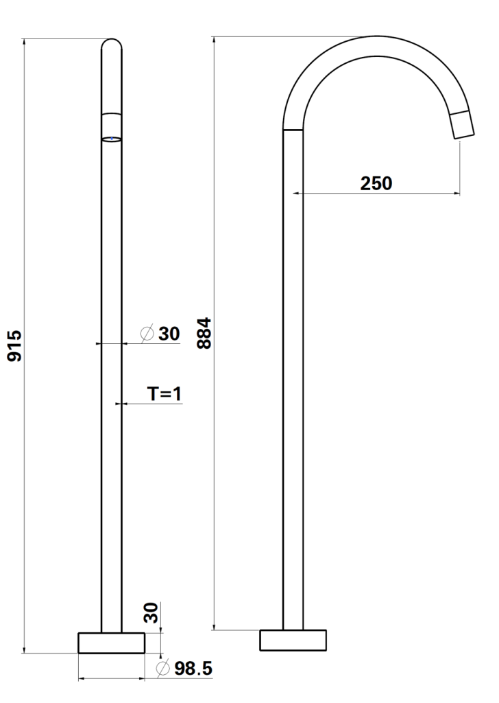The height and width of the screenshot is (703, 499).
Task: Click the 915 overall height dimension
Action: click(x=14, y=346)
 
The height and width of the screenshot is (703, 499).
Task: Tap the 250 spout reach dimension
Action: click(x=376, y=183)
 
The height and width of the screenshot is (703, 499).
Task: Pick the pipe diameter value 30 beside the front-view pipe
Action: click(x=169, y=334)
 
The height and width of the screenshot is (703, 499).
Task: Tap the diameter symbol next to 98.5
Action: click(x=163, y=669)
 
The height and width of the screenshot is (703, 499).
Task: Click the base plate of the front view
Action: click(x=112, y=643)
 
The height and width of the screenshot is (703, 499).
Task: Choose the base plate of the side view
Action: click(x=293, y=640)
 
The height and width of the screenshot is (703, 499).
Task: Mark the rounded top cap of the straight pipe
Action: click(x=112, y=45)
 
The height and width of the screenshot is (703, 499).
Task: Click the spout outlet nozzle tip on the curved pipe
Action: click(x=464, y=126)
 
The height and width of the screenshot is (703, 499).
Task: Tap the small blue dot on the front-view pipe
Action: click(x=112, y=138)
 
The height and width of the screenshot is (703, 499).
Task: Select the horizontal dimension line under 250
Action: click(x=376, y=194)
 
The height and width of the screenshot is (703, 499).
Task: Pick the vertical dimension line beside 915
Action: click(x=25, y=346)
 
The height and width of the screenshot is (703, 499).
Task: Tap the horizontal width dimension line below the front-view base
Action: click(x=112, y=680)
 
